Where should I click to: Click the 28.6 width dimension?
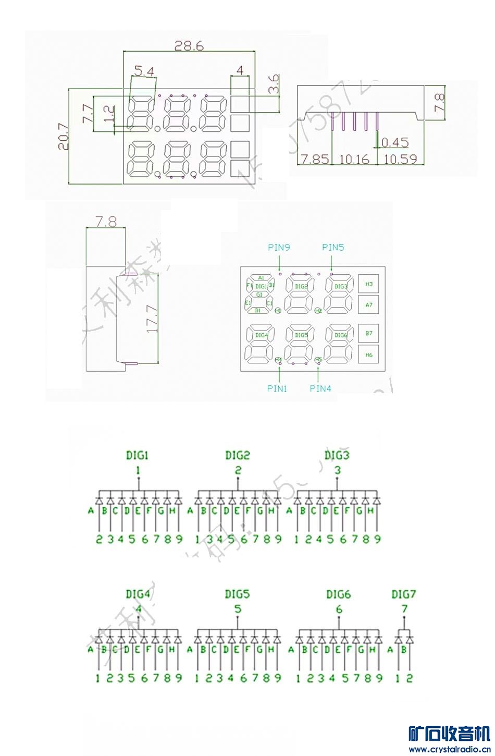(189, 46)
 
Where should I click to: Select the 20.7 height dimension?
(64, 137)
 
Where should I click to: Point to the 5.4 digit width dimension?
(144, 70)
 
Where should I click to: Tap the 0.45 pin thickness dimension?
(395, 142)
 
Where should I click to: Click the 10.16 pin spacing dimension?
(354, 159)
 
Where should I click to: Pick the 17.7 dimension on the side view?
(152, 319)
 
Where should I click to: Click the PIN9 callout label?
(279, 248)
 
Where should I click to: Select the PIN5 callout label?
(333, 248)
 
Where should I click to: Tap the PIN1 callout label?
(277, 388)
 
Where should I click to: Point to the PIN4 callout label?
(320, 388)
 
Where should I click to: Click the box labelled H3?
(369, 284)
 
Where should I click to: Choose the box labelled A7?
(369, 305)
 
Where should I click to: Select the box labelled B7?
(369, 333)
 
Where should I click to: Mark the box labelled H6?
(369, 355)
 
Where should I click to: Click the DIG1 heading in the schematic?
(137, 455)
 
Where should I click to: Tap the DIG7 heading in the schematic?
(404, 594)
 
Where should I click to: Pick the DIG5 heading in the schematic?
(237, 594)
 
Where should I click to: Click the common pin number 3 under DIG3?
(338, 470)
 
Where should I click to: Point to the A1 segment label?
(261, 278)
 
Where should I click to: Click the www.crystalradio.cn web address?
(449, 750)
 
